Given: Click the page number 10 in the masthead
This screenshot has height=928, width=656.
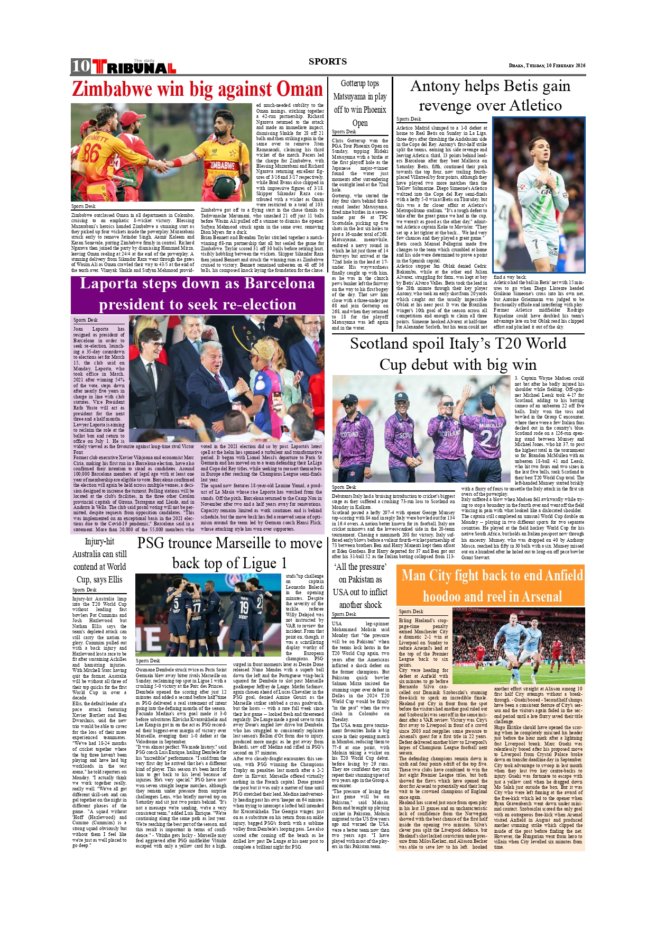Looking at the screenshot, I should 81,66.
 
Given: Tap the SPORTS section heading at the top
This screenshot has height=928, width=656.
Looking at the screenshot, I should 328,61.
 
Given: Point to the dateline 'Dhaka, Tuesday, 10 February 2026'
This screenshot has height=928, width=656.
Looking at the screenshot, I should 547,66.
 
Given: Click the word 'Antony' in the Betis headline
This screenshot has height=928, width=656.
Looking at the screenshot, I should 435,86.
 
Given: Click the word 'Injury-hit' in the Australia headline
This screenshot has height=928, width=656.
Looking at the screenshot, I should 99,542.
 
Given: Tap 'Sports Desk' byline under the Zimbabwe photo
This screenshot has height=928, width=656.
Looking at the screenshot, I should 84,206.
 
